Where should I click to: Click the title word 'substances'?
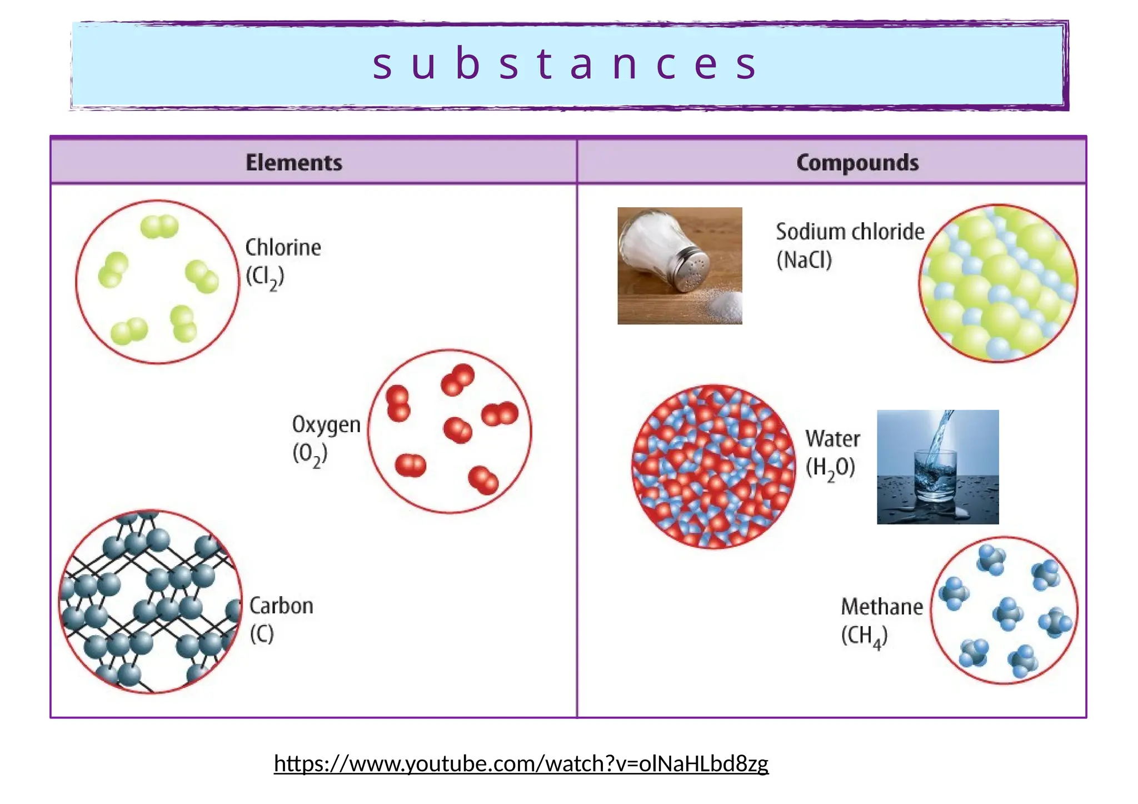(565, 64)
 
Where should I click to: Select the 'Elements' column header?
(294, 162)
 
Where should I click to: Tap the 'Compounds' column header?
(857, 162)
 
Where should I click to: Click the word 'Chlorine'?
(283, 247)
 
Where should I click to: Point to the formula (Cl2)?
(265, 277)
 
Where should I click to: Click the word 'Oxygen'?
(326, 425)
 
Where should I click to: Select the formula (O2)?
(310, 455)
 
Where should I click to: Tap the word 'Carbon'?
(281, 606)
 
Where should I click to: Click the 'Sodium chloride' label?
(850, 232)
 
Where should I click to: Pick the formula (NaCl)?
(804, 260)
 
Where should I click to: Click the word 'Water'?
(832, 439)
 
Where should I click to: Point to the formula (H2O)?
(830, 468)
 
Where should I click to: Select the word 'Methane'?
(882, 607)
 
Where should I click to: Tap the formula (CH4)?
(864, 636)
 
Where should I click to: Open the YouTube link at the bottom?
(521, 763)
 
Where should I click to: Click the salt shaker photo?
(680, 266)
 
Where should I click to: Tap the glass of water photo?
(937, 467)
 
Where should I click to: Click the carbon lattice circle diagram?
(151, 601)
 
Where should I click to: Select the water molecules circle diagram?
(714, 467)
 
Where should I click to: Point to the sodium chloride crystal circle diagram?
(998, 283)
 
